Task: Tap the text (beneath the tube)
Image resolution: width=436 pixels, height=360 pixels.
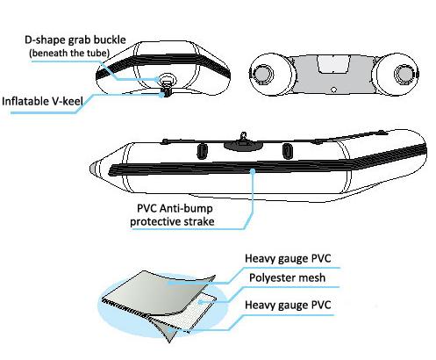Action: coord(69,54)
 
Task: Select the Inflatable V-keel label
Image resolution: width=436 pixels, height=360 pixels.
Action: coord(42,101)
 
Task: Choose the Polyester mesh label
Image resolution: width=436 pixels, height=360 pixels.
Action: coord(287,277)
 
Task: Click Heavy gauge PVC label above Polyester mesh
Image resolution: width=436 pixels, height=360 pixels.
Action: coord(288,258)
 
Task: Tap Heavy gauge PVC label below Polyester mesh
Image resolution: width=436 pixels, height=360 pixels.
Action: coord(288,305)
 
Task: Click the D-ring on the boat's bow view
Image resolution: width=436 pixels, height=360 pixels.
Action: coord(166,79)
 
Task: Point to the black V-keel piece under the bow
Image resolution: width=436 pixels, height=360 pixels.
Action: coord(166,92)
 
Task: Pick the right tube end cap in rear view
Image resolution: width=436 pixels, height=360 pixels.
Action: coord(404,73)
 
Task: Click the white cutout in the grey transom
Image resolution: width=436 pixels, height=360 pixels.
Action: coord(333,64)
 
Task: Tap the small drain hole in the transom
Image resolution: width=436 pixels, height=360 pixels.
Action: coord(334,90)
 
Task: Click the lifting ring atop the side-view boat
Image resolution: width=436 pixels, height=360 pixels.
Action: coord(243,136)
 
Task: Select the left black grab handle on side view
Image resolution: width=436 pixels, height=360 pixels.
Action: coord(202,151)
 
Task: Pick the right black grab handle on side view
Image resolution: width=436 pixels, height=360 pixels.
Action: coord(288,151)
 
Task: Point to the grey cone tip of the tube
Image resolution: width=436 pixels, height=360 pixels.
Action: coord(95,169)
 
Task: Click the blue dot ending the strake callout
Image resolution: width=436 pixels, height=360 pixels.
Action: coord(252,171)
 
